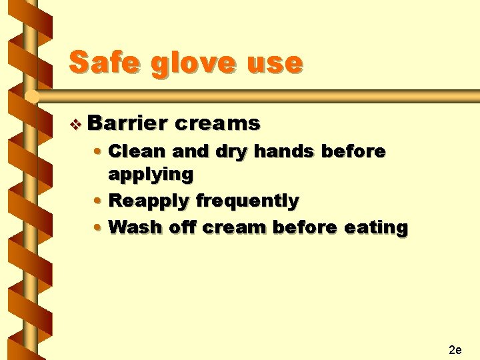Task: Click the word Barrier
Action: point(126,123)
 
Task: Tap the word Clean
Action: point(137,151)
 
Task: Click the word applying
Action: point(151,175)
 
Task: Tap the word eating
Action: point(376,228)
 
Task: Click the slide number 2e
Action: point(456,349)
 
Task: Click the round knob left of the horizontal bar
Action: point(30,97)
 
